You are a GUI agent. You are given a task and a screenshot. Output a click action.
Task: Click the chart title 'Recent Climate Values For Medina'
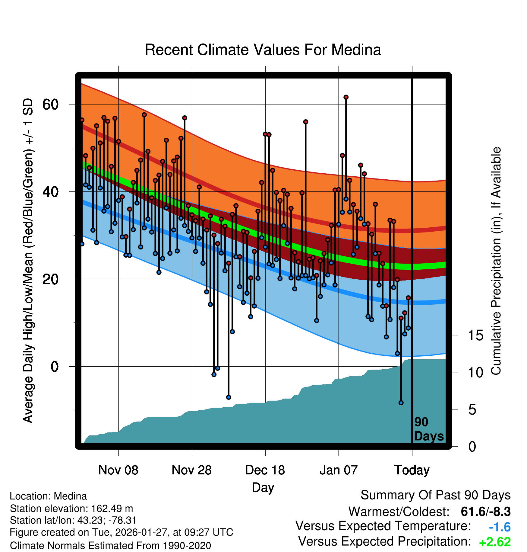click(x=263, y=50)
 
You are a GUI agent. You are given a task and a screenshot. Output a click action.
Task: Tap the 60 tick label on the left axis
click(x=50, y=104)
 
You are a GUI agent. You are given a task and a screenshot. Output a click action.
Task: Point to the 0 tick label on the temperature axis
click(x=55, y=367)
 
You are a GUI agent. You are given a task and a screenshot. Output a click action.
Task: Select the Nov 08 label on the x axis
click(x=118, y=470)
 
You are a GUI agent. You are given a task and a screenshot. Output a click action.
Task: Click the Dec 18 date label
click(x=265, y=470)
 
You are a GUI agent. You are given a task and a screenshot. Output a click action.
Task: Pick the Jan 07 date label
click(x=339, y=470)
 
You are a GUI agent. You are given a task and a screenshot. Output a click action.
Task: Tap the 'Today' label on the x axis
click(x=412, y=470)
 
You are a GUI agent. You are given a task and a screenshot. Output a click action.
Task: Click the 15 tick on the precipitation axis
click(x=475, y=335)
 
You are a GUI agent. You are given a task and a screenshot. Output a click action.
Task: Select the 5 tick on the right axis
click(x=472, y=410)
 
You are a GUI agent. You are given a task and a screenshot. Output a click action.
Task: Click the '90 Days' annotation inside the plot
click(x=428, y=429)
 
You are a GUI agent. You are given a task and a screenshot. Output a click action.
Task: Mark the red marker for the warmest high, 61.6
click(x=346, y=97)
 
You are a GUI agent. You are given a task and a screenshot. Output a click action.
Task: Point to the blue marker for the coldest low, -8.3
click(x=401, y=403)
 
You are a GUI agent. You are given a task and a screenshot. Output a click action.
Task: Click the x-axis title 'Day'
click(x=263, y=487)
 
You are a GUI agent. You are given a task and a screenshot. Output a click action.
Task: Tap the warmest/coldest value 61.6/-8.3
click(x=485, y=512)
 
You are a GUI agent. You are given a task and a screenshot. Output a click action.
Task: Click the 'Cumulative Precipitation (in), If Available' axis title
click(x=496, y=261)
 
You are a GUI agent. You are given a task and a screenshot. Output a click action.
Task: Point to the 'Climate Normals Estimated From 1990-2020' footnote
click(x=110, y=545)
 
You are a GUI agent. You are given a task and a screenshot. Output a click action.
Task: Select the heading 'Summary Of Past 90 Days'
click(x=435, y=495)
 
